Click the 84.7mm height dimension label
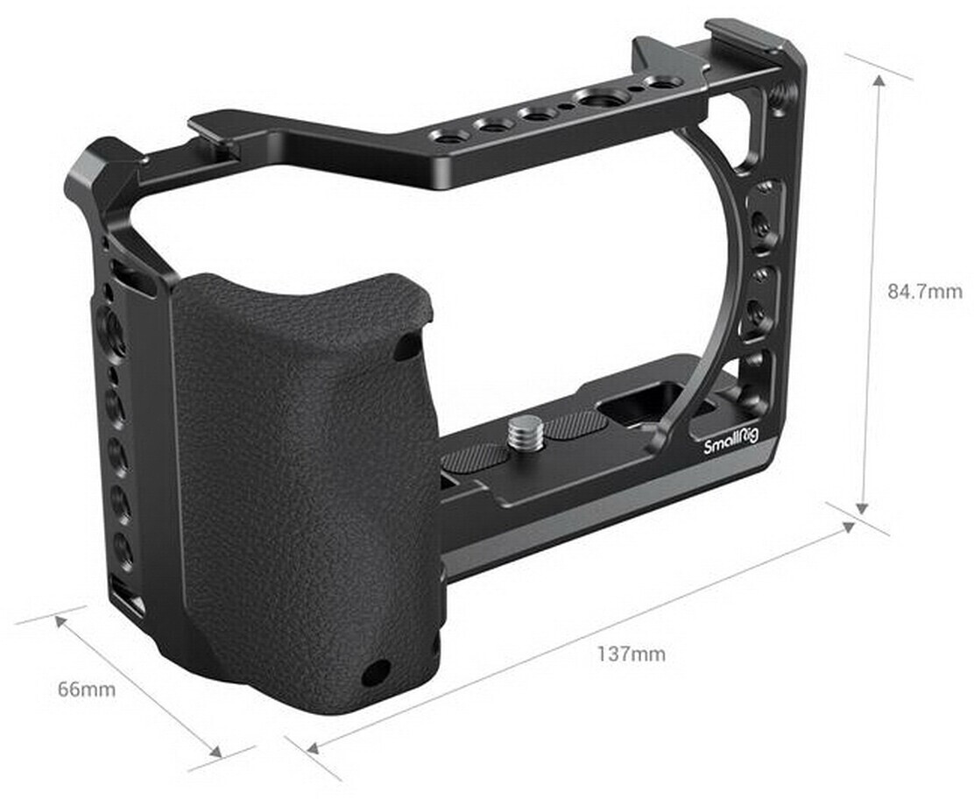[924, 291]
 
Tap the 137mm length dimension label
[632, 654]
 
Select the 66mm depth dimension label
[87, 689]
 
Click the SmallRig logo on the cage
[730, 442]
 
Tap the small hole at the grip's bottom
[376, 673]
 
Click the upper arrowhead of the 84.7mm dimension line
[879, 81]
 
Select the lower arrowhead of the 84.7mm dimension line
[861, 507]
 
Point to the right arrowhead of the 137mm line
[848, 527]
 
